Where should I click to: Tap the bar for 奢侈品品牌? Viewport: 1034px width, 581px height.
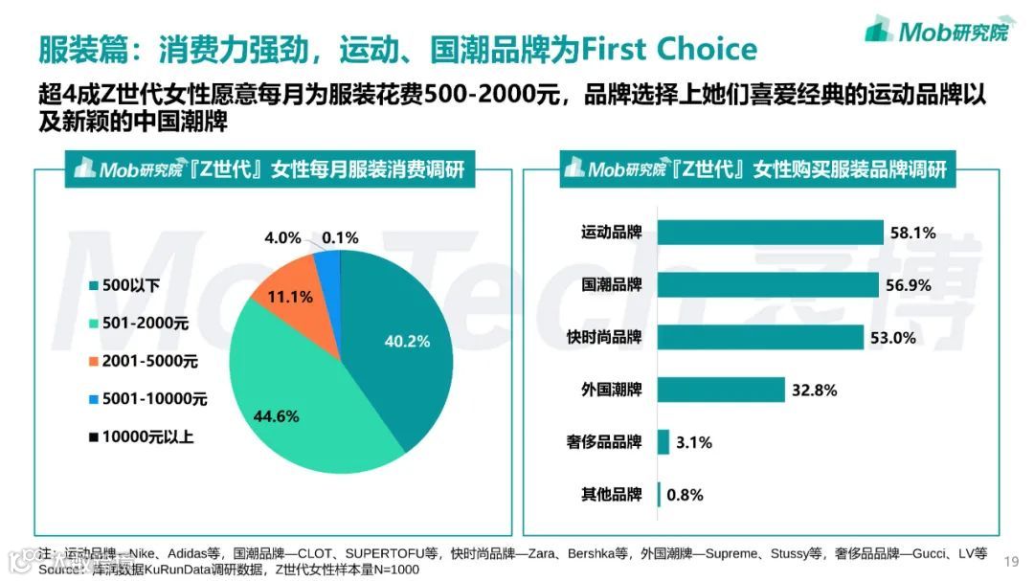[663, 442]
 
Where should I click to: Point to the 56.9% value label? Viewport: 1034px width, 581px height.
[910, 285]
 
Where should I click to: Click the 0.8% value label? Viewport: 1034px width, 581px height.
[686, 495]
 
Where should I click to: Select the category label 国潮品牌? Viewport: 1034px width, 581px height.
[612, 285]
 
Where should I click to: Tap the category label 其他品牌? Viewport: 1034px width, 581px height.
[612, 495]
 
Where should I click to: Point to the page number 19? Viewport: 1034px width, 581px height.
[1011, 561]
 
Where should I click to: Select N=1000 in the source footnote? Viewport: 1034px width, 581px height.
[394, 570]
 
